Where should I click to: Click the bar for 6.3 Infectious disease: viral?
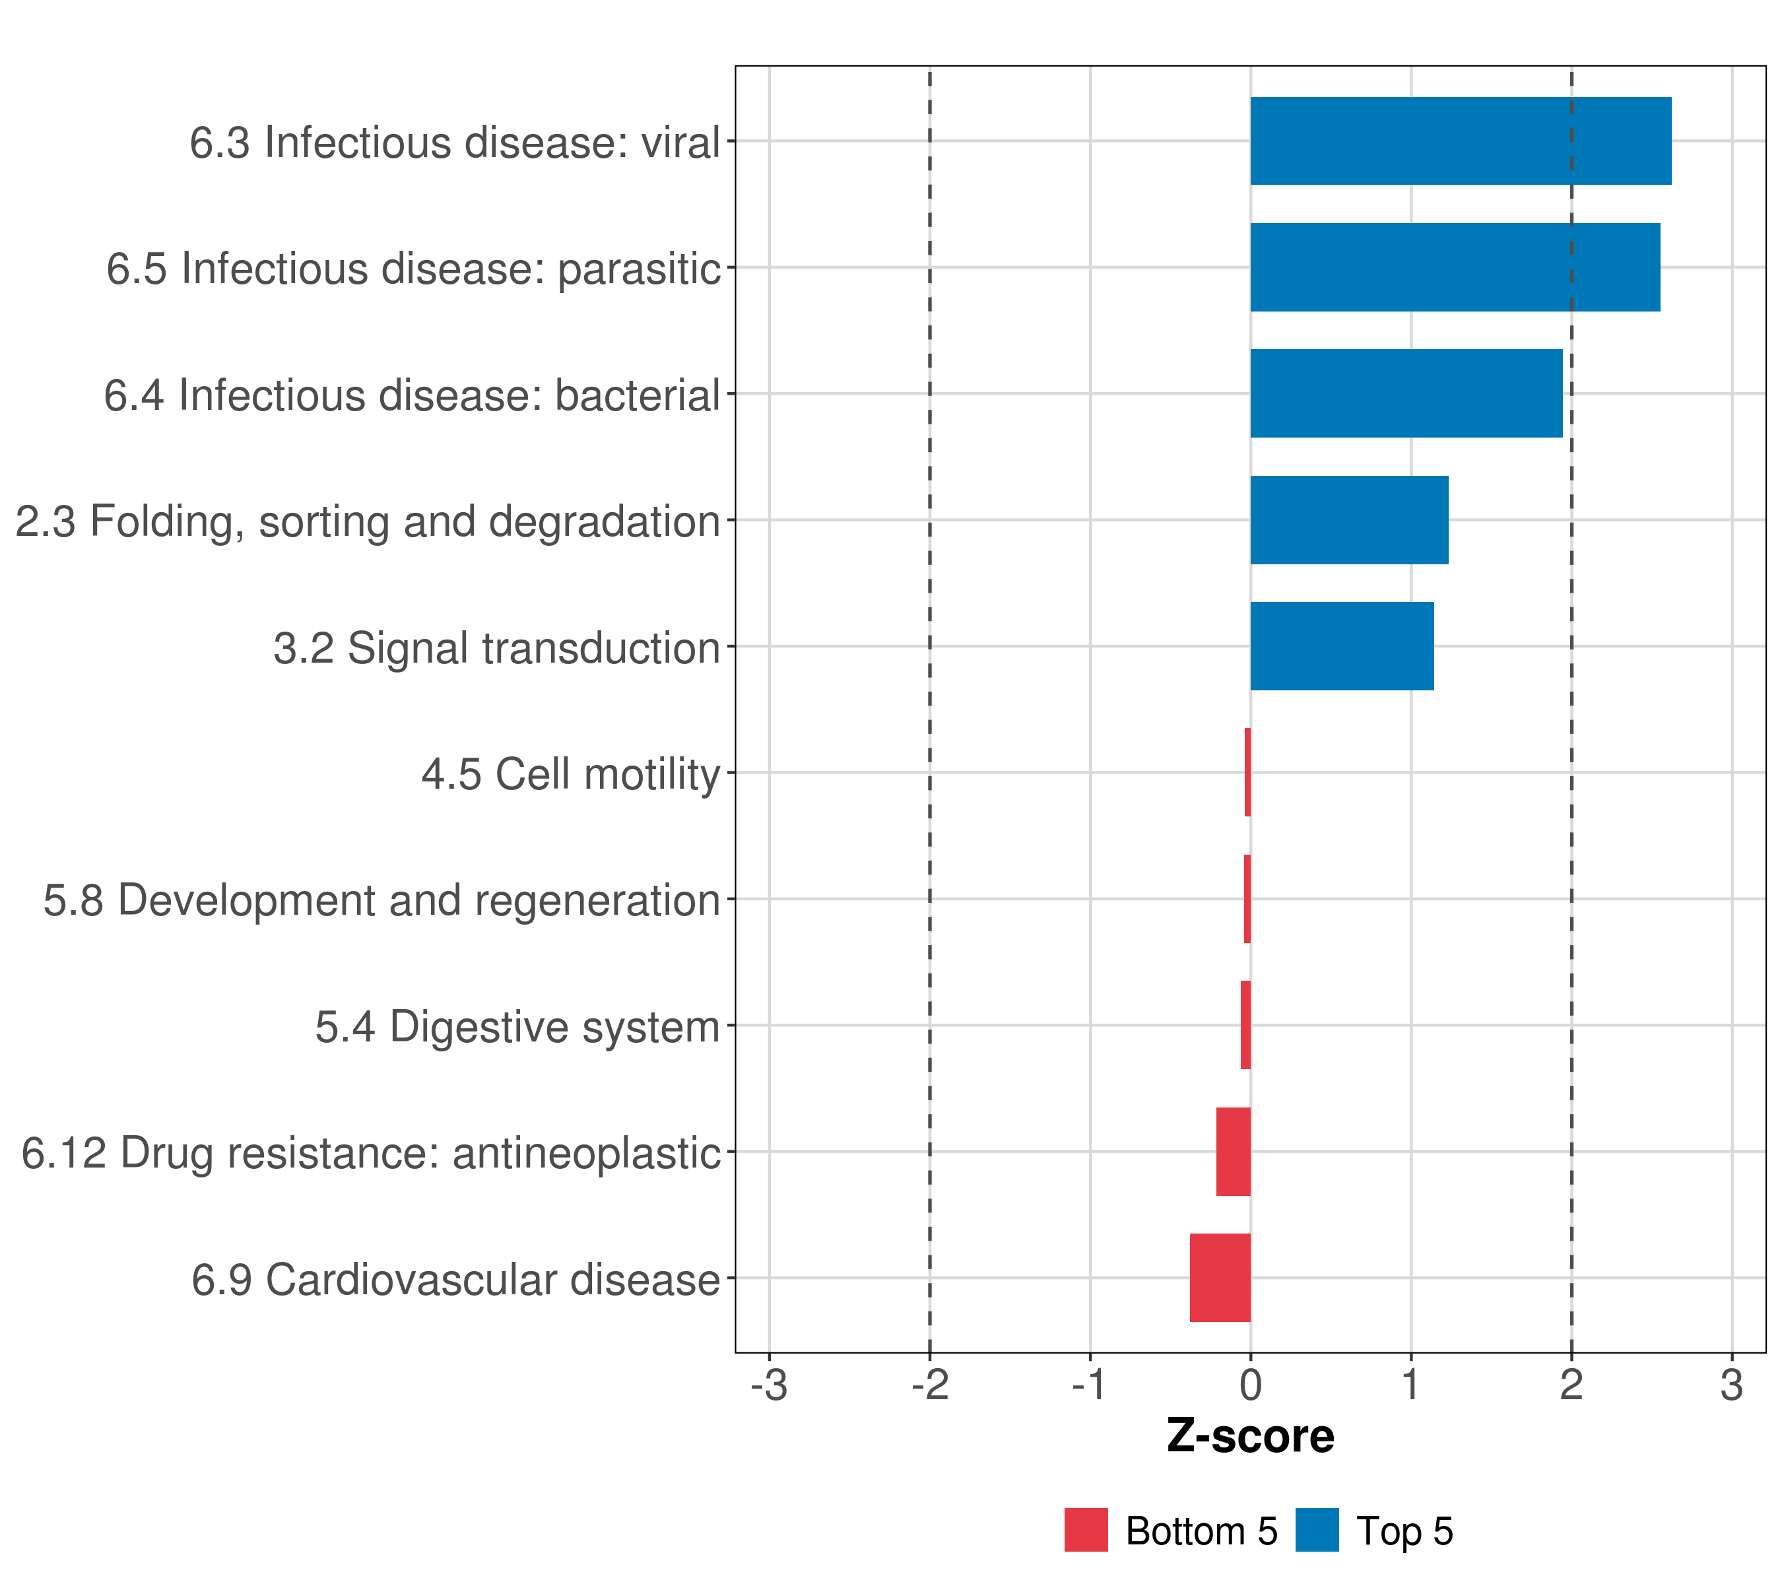1461,141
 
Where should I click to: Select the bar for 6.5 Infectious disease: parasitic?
1454,268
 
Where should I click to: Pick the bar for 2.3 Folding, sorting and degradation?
1348,521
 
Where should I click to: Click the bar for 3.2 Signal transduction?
1342,646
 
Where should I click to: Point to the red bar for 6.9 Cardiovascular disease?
1220,1278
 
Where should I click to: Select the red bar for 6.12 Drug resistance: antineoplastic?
1233,1152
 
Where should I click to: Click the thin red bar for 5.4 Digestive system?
1246,1025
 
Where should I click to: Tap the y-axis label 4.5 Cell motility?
571,774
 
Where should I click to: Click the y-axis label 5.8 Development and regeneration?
382,900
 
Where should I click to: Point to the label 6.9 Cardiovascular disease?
456,1280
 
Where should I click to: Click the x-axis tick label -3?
769,1385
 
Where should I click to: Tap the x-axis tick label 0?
1250,1385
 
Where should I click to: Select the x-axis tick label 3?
1731,1385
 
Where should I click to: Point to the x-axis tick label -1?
1090,1385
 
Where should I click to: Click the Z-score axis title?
1250,1437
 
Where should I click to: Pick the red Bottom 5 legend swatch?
1086,1530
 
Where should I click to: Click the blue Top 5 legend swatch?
1317,1530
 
